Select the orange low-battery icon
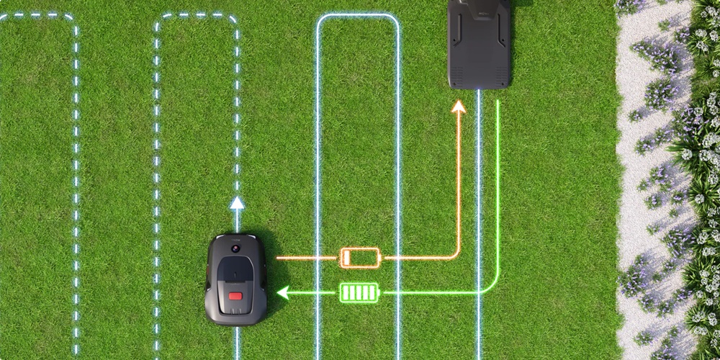359,257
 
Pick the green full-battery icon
359,292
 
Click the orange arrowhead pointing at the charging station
458,107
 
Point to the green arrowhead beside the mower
283,292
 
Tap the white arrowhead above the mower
237,203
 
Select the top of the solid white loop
358,15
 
